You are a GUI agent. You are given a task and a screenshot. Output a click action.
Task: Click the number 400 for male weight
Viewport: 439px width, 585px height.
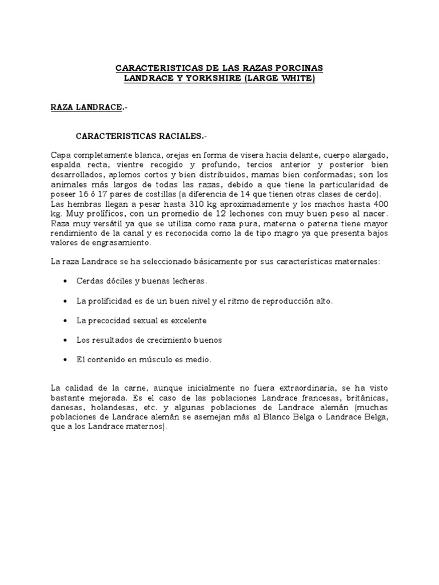(x=380, y=204)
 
